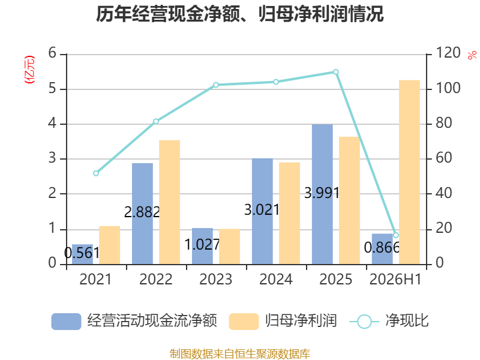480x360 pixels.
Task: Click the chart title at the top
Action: (x=239, y=14)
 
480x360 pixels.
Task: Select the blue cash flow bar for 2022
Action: (x=142, y=214)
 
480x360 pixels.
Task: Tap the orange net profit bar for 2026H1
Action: (x=409, y=172)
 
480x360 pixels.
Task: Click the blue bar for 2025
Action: (x=322, y=194)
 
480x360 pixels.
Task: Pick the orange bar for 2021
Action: (x=110, y=245)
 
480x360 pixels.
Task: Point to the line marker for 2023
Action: (x=216, y=85)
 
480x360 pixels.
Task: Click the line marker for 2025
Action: (x=336, y=72)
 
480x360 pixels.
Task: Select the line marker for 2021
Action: (x=96, y=173)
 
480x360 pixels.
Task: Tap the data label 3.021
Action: (x=262, y=210)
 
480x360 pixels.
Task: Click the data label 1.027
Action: (x=202, y=244)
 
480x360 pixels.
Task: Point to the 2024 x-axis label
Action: (x=276, y=279)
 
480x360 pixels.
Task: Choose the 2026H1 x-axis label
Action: (x=395, y=279)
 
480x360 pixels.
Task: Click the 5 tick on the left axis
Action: (x=52, y=88)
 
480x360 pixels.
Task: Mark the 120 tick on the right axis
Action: (x=448, y=53)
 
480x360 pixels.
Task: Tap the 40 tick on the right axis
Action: (x=443, y=193)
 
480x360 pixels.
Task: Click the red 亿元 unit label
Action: (x=29, y=70)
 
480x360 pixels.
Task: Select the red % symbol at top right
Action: (x=472, y=55)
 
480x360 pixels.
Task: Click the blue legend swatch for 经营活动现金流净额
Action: (x=66, y=322)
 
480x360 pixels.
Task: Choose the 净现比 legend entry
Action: (x=389, y=321)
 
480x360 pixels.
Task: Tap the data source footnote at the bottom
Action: (x=240, y=354)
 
